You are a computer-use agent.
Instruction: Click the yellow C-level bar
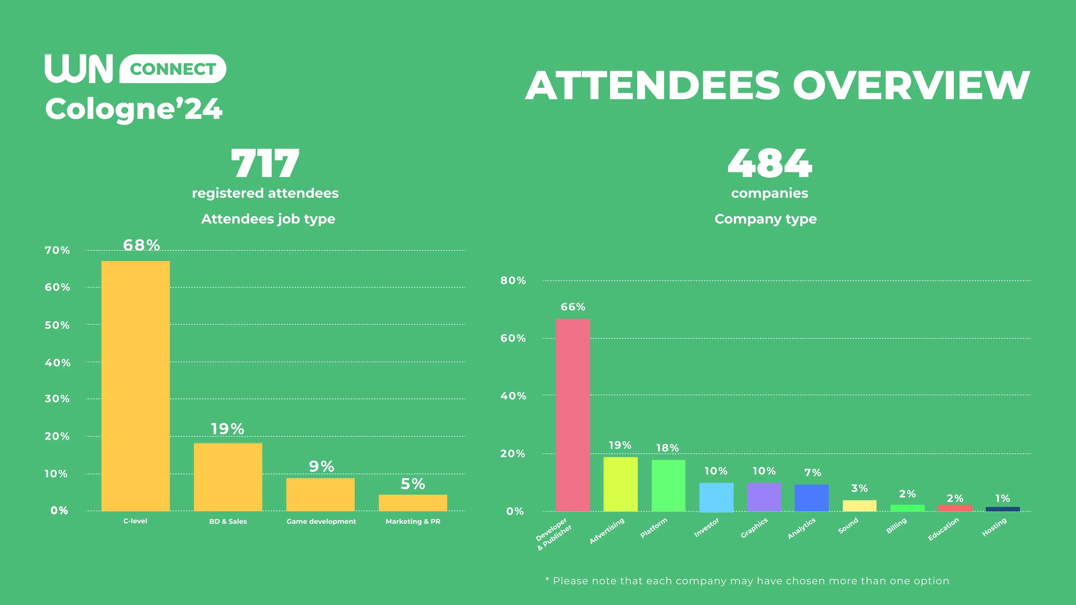tap(135, 386)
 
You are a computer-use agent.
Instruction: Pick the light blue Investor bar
tap(716, 497)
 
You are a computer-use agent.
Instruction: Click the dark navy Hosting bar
tap(1003, 509)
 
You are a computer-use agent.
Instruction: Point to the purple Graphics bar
tap(764, 497)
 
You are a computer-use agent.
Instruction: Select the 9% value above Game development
tap(321, 466)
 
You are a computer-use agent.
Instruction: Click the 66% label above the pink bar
tap(573, 307)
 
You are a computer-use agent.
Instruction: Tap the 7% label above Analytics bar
tap(812, 473)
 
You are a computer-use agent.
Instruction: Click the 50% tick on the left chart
tap(57, 325)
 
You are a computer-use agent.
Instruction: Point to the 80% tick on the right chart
tap(513, 280)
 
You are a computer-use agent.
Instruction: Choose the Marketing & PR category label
tap(413, 521)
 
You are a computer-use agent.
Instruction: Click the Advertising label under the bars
tap(607, 531)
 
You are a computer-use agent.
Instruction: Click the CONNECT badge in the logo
tap(173, 69)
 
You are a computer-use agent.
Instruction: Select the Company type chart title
tap(765, 219)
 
